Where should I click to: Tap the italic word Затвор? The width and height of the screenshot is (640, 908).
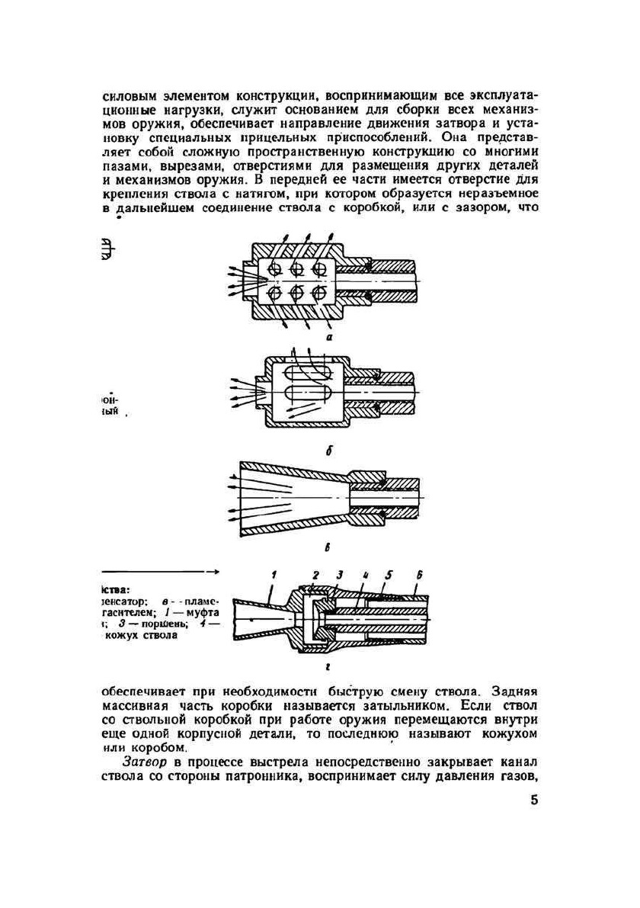coord(142,762)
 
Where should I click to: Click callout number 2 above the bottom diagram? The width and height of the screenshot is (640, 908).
coord(315,575)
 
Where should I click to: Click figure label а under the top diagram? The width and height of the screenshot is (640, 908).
coord(328,335)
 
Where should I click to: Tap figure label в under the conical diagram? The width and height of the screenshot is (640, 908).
coord(328,547)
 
